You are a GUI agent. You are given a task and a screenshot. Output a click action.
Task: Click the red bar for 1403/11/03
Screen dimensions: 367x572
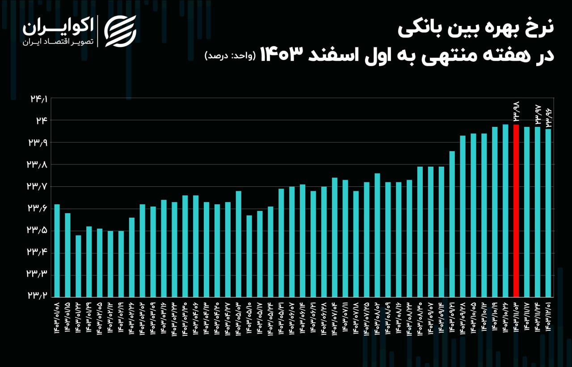[516, 210]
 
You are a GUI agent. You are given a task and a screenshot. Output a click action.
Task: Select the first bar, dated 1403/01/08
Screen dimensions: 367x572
[57, 250]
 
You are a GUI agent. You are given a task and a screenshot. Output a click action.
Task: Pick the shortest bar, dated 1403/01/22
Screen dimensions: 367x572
[78, 266]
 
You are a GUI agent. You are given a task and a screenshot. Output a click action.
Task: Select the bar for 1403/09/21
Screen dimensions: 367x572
[452, 224]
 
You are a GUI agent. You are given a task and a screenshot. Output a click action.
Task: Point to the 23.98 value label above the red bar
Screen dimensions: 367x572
[516, 111]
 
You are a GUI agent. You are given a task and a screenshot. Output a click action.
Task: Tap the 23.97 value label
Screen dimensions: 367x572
[538, 114]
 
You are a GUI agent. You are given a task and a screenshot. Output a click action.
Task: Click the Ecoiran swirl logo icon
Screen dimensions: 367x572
[120, 31]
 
